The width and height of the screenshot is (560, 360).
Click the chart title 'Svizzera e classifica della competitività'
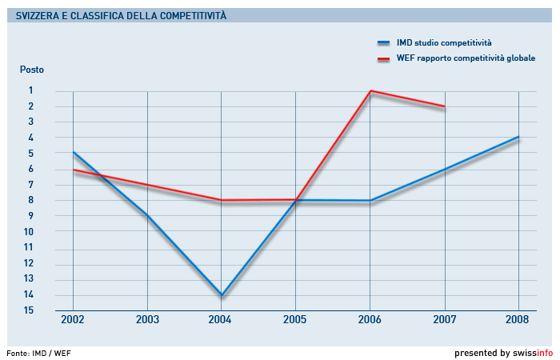coord(121,15)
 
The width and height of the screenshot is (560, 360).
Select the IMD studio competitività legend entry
coord(444,42)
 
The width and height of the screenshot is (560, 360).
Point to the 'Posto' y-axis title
coord(32,70)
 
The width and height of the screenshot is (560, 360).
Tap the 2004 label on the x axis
coord(221,320)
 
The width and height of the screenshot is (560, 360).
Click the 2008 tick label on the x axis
coord(518,320)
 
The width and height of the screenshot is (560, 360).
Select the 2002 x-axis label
coord(73,320)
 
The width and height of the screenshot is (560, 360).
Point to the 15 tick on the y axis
coord(28,310)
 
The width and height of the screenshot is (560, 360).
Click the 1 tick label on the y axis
coord(31,90)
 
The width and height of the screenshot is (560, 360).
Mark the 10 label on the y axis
coord(28,232)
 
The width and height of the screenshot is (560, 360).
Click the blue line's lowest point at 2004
coord(221,295)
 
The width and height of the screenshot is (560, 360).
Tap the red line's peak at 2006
coord(370,91)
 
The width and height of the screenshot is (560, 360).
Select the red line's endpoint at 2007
coord(444,106)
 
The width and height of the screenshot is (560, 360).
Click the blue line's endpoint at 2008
coord(518,137)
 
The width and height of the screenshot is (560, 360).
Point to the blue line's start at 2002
coord(73,152)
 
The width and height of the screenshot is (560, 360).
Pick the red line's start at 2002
coord(73,170)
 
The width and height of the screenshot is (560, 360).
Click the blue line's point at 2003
coord(147,216)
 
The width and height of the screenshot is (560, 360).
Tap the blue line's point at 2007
coord(444,169)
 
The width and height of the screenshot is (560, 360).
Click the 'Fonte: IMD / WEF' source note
coord(33,352)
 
